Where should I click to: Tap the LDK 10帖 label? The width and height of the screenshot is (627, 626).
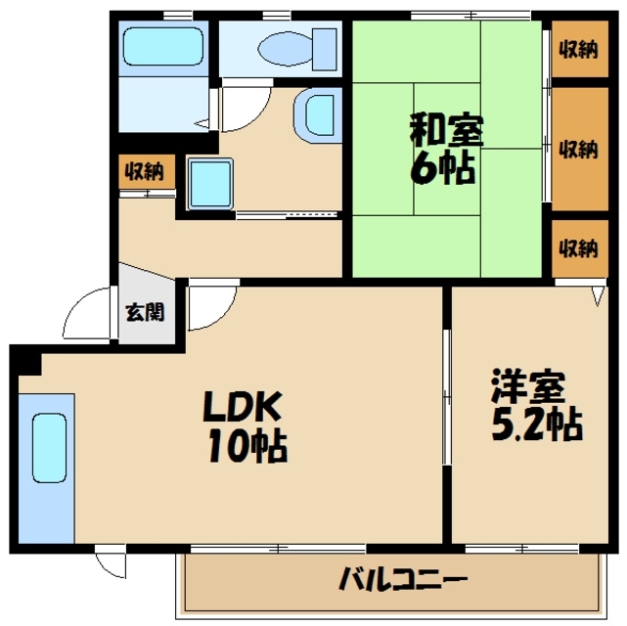click(x=245, y=426)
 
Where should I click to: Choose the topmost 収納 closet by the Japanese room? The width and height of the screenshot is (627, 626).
click(x=577, y=51)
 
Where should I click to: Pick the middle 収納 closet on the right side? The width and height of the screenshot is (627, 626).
click(x=577, y=149)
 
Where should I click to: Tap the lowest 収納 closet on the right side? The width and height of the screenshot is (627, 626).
click(x=577, y=247)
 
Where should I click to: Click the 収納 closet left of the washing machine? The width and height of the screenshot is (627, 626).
click(x=144, y=173)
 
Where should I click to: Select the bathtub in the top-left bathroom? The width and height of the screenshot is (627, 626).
click(x=162, y=46)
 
